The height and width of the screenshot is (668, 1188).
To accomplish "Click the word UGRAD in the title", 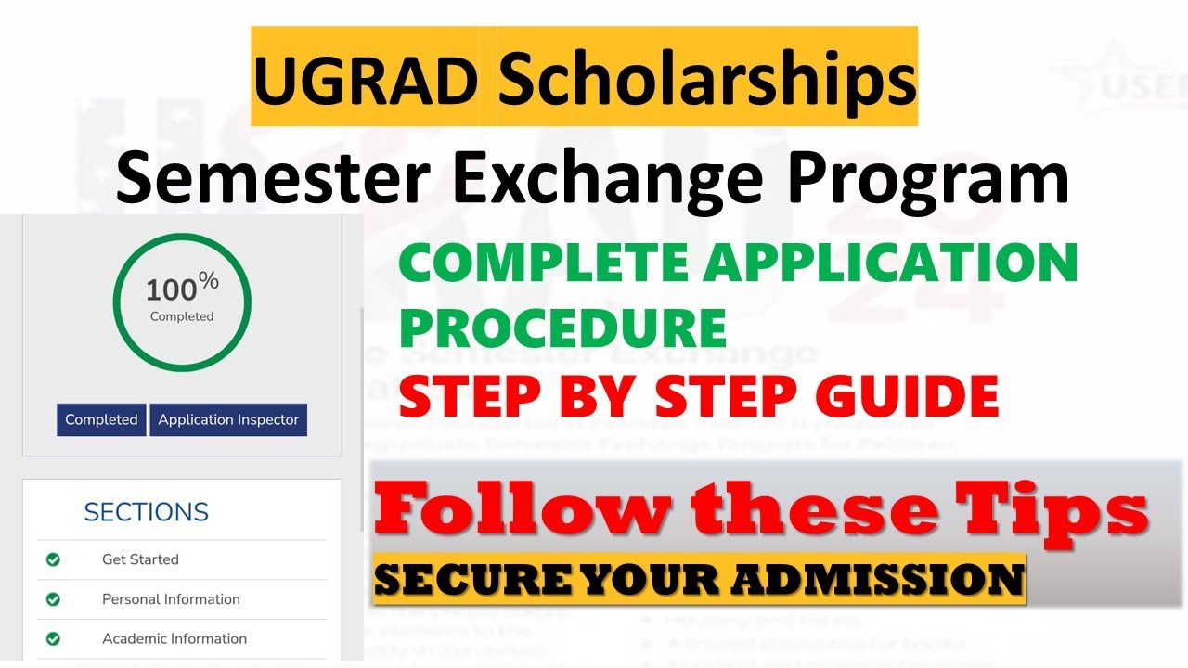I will click(365, 80).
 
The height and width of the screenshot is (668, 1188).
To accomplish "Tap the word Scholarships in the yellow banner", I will click(707, 80).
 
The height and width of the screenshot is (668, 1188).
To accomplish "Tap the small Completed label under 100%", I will click(182, 316).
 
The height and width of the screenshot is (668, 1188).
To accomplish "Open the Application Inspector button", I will click(228, 419).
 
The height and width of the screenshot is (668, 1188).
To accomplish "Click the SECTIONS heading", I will click(146, 512).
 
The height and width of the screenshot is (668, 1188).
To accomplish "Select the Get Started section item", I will click(140, 559).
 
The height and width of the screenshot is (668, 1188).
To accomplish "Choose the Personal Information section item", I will click(171, 599).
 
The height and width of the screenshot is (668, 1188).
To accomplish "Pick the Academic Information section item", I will click(174, 638).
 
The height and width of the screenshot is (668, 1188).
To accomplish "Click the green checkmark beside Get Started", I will click(53, 559).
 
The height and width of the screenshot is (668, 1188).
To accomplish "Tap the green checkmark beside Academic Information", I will click(53, 638).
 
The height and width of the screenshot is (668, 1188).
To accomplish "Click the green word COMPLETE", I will click(546, 264).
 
